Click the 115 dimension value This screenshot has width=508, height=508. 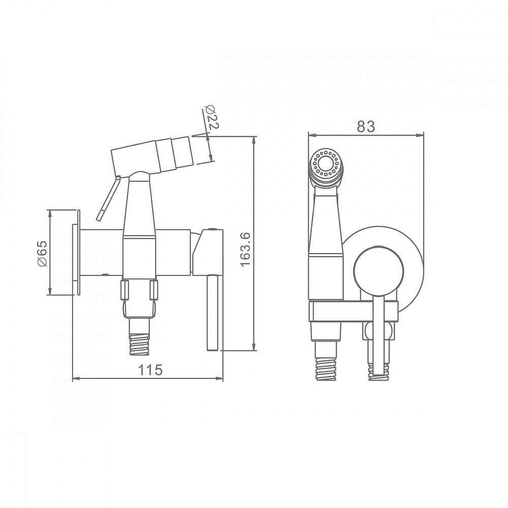click(150, 370)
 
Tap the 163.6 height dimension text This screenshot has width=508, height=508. click(245, 249)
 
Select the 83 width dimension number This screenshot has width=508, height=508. click(366, 126)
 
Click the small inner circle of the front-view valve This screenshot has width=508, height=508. click(378, 271)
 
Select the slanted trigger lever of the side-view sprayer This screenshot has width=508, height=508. click(109, 199)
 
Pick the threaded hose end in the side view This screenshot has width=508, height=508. click(140, 342)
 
